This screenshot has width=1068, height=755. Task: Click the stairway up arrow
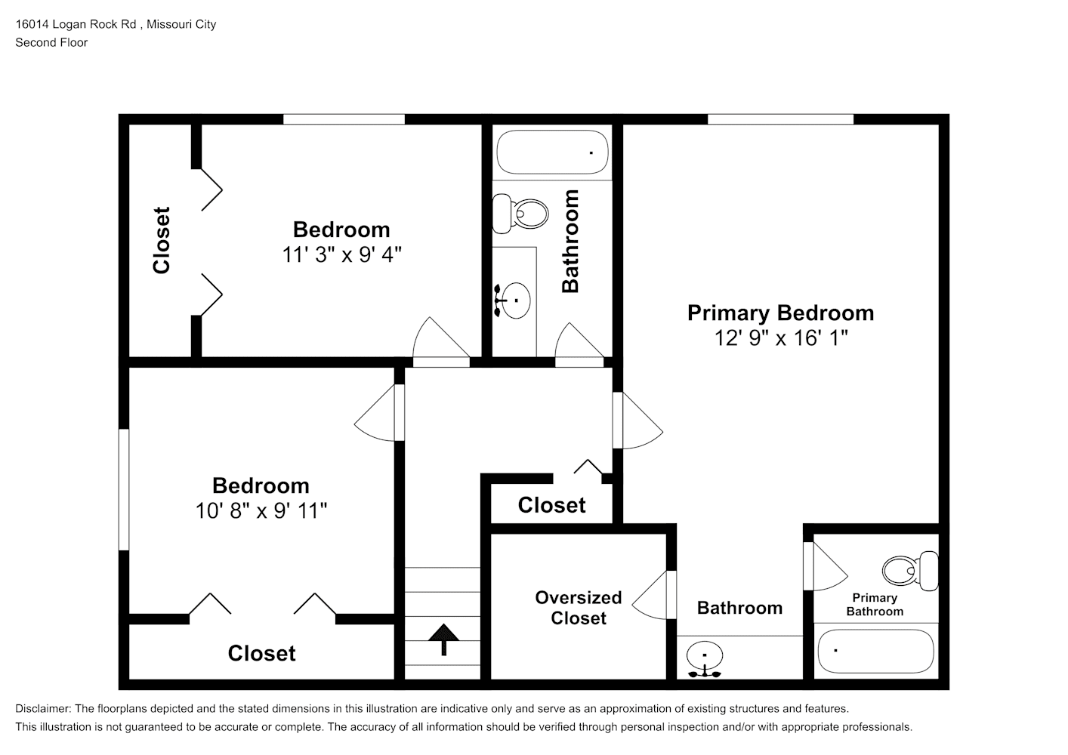[x=443, y=639]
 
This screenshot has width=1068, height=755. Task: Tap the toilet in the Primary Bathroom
[x=910, y=571]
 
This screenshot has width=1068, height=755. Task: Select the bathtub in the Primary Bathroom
[x=875, y=651]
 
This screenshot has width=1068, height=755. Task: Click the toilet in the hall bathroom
[x=520, y=213]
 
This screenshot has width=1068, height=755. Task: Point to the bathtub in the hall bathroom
[x=552, y=152]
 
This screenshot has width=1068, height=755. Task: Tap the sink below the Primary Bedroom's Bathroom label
[x=704, y=658]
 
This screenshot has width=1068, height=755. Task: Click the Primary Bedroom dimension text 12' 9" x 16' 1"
[x=781, y=338]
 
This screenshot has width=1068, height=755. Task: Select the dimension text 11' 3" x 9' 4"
[x=342, y=254]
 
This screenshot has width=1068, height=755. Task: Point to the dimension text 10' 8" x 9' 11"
[x=261, y=511]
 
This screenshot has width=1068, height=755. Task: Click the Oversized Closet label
[x=579, y=608]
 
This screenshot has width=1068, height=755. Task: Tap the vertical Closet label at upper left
[x=161, y=240]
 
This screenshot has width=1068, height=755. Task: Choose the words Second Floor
[x=51, y=42]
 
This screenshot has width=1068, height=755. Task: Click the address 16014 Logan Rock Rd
[x=76, y=24]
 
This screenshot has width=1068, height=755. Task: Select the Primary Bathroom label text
[x=875, y=605]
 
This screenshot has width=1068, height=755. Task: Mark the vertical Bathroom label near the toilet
[x=570, y=241]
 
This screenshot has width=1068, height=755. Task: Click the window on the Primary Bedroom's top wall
[x=780, y=119]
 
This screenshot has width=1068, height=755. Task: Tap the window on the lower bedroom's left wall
[x=124, y=489]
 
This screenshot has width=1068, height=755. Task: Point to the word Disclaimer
[x=42, y=709]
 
